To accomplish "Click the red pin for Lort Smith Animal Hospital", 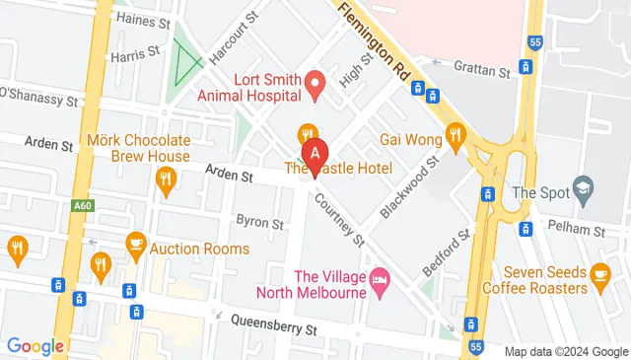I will click(x=315, y=84).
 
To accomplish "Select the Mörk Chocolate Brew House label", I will click(x=138, y=148).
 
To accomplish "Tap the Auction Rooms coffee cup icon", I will click(x=137, y=243).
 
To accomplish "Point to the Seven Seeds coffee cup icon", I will click(x=600, y=273).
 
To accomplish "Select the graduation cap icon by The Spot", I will click(x=585, y=188).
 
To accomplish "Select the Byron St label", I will click(x=260, y=223).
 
